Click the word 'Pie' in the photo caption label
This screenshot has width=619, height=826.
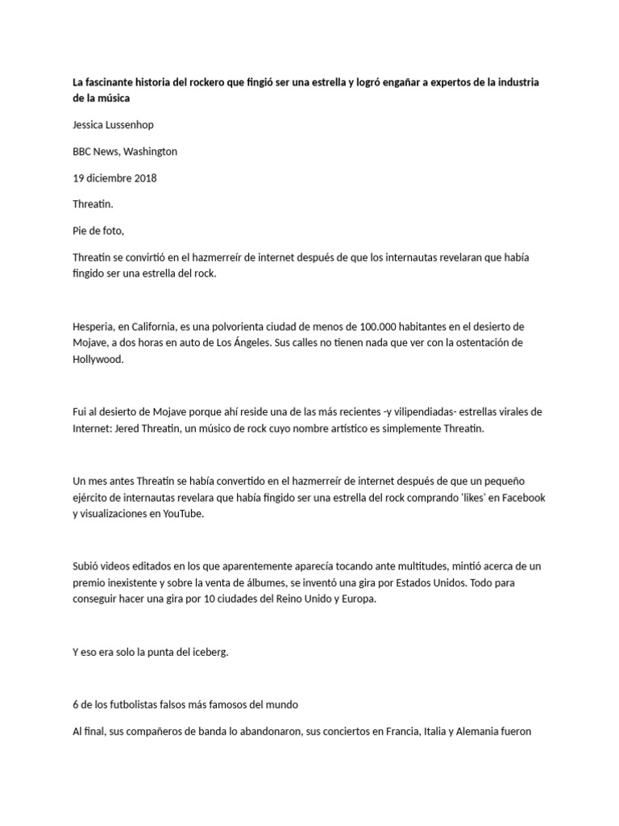tap(81, 231)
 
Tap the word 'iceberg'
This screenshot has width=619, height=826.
tap(209, 653)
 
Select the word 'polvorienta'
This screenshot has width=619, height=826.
tap(224, 326)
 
